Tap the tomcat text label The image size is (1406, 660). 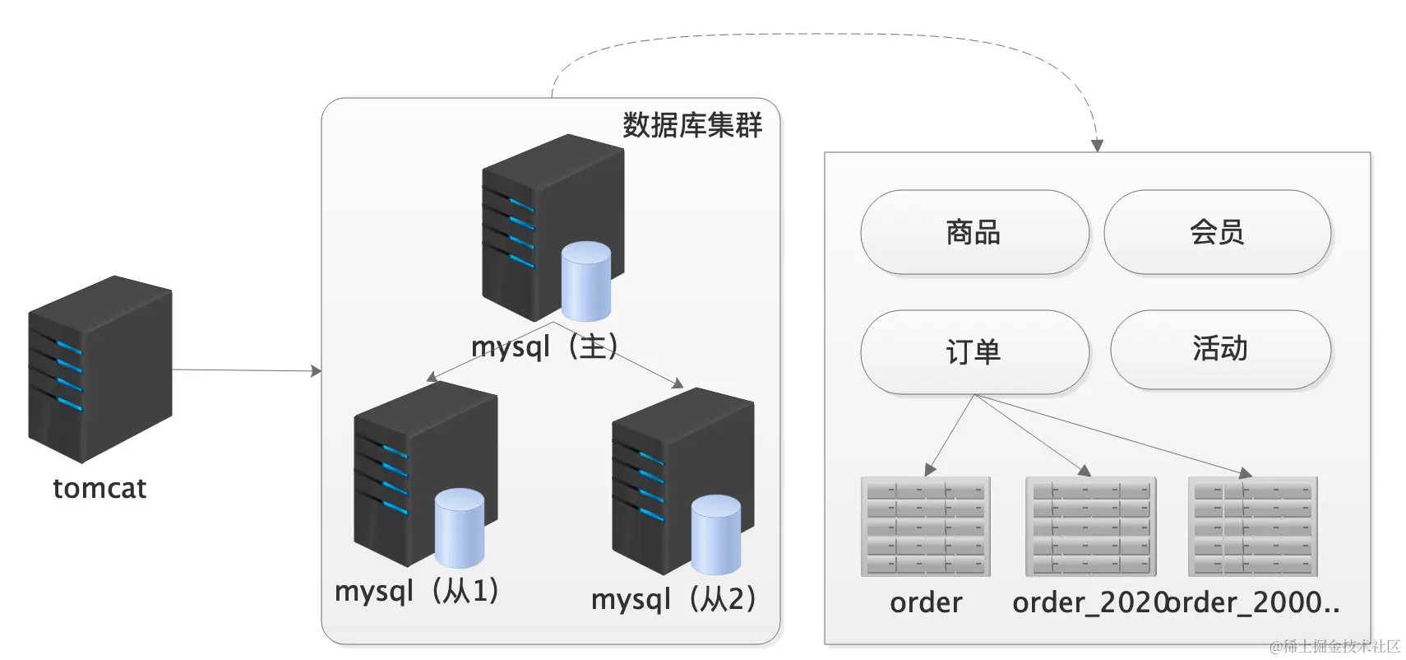pos(99,489)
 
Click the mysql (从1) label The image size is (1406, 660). pos(417,591)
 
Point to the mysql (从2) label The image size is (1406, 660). pos(673,599)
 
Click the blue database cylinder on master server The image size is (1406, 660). pos(585,281)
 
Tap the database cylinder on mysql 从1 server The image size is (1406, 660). pos(459,528)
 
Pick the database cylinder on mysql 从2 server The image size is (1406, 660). pos(715,535)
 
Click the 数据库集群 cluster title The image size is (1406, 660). pos(691,125)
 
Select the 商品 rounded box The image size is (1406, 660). pos(974,232)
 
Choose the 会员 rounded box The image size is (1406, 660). pos(1217,232)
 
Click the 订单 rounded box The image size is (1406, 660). pos(974,352)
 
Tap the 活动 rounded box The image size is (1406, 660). pos(1220,349)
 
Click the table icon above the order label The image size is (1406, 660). pos(925,527)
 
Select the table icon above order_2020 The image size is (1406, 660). pos(1090,527)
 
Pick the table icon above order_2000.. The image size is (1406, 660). pos(1252,527)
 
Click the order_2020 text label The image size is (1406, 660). pos(1089,603)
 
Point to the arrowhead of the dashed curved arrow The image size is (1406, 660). pos(1096,146)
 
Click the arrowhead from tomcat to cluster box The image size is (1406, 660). pos(316,371)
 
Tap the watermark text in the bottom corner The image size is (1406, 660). pos(1334,647)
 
